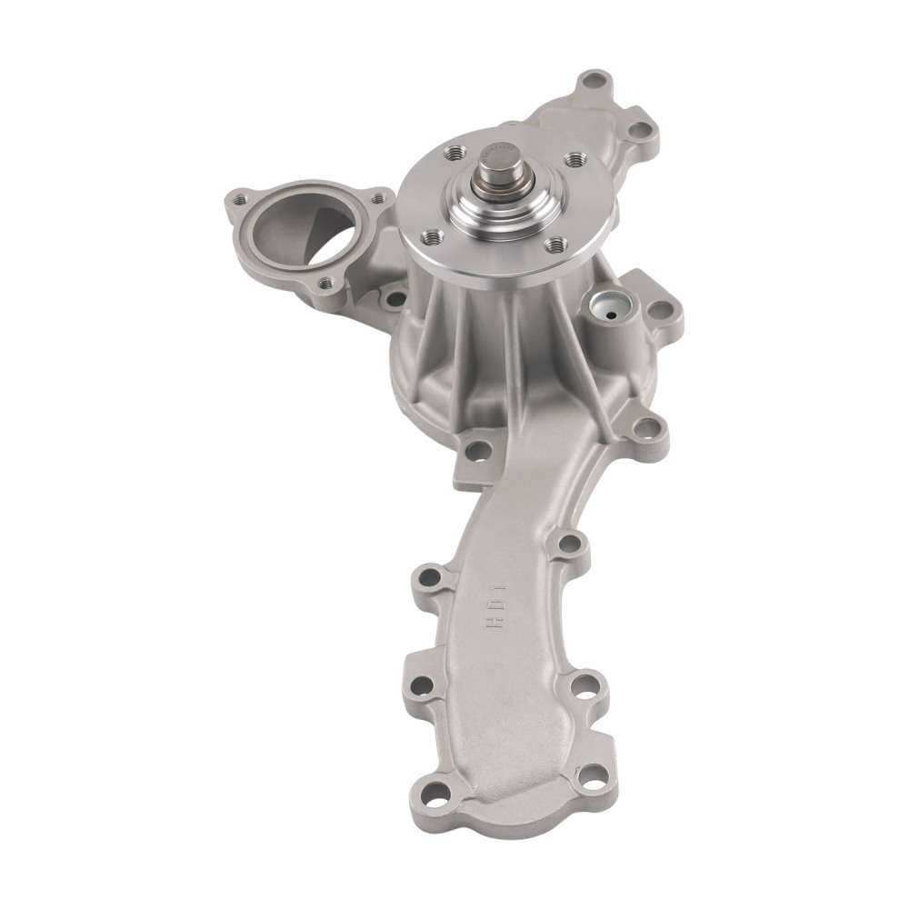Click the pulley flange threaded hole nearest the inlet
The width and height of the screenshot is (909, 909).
click(x=430, y=239)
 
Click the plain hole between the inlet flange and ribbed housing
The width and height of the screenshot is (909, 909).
click(x=394, y=295)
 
